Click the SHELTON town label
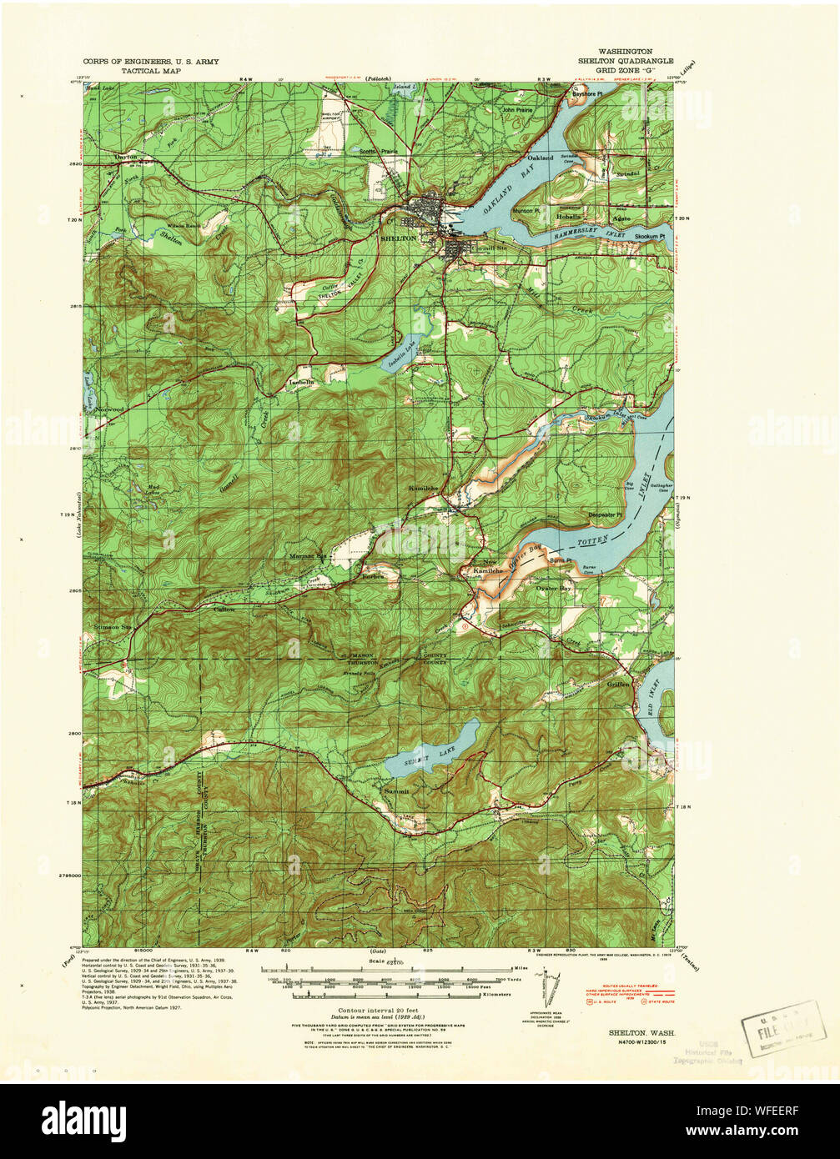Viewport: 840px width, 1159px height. (x=397, y=238)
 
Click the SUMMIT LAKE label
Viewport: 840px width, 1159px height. (x=430, y=750)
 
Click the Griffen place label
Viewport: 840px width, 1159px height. (x=618, y=684)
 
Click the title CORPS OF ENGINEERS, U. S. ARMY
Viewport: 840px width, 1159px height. (x=151, y=62)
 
